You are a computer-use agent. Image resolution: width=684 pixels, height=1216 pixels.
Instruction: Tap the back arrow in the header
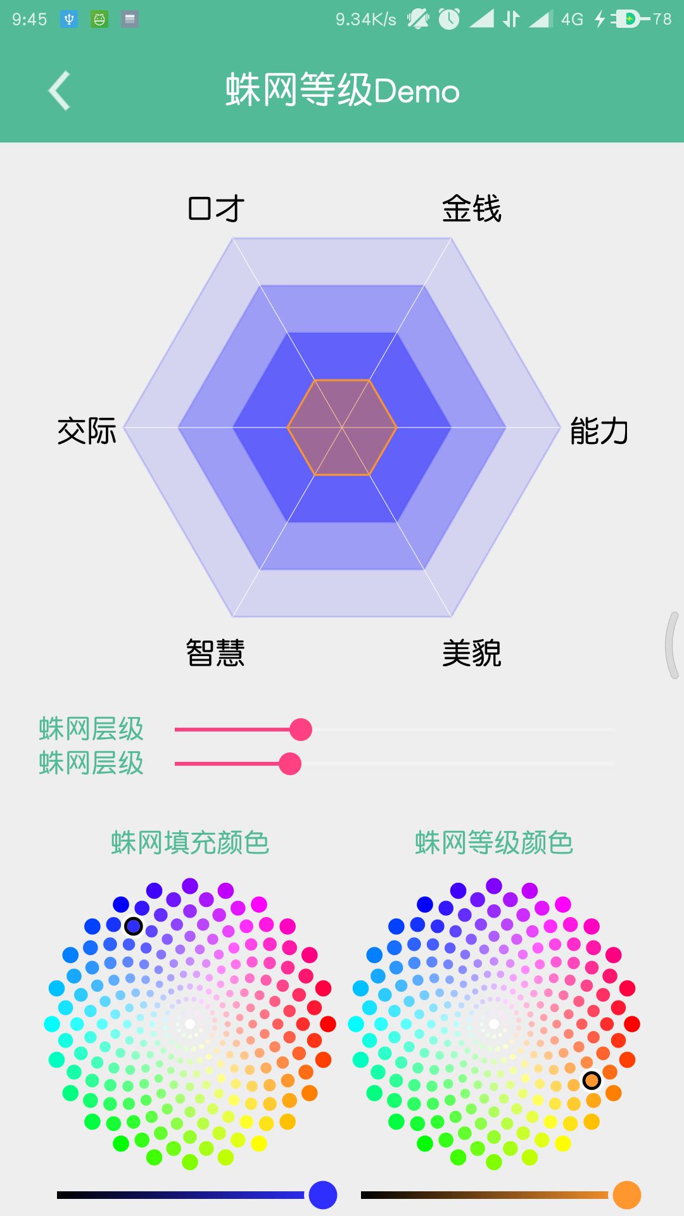(60, 91)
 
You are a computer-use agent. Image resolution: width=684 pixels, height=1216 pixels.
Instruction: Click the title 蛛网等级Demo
(342, 91)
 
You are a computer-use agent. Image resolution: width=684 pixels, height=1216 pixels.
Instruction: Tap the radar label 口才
(216, 208)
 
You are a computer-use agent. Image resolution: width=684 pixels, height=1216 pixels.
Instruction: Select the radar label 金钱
(472, 208)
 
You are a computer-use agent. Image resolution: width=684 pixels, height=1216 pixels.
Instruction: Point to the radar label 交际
(87, 431)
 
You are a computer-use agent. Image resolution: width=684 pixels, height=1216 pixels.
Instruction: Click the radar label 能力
(598, 431)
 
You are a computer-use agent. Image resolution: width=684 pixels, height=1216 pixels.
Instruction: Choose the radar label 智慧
(215, 653)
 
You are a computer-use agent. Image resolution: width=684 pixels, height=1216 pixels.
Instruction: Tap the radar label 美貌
(472, 653)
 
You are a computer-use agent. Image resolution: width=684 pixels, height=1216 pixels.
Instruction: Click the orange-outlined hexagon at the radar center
(342, 427)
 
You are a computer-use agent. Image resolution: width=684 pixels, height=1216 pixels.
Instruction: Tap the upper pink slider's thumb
(301, 730)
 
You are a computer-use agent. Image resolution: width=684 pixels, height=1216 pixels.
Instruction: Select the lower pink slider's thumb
(290, 764)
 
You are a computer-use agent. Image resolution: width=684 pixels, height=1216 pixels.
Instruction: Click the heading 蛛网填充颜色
(190, 842)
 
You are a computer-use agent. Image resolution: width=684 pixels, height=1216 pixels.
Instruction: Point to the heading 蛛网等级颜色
(494, 842)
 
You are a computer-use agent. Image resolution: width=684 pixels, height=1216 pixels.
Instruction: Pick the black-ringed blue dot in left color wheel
(133, 926)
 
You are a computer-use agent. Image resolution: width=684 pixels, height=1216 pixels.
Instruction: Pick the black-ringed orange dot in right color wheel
(592, 1080)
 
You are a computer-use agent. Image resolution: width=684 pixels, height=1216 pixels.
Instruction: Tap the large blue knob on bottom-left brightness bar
(323, 1195)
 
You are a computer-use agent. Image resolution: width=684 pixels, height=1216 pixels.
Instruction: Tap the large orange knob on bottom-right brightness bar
(627, 1195)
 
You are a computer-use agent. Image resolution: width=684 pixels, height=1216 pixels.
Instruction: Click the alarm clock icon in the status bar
(449, 19)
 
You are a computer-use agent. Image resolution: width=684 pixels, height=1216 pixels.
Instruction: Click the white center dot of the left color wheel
(190, 1024)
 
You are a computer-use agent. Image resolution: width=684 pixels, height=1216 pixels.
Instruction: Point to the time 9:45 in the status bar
(29, 19)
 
